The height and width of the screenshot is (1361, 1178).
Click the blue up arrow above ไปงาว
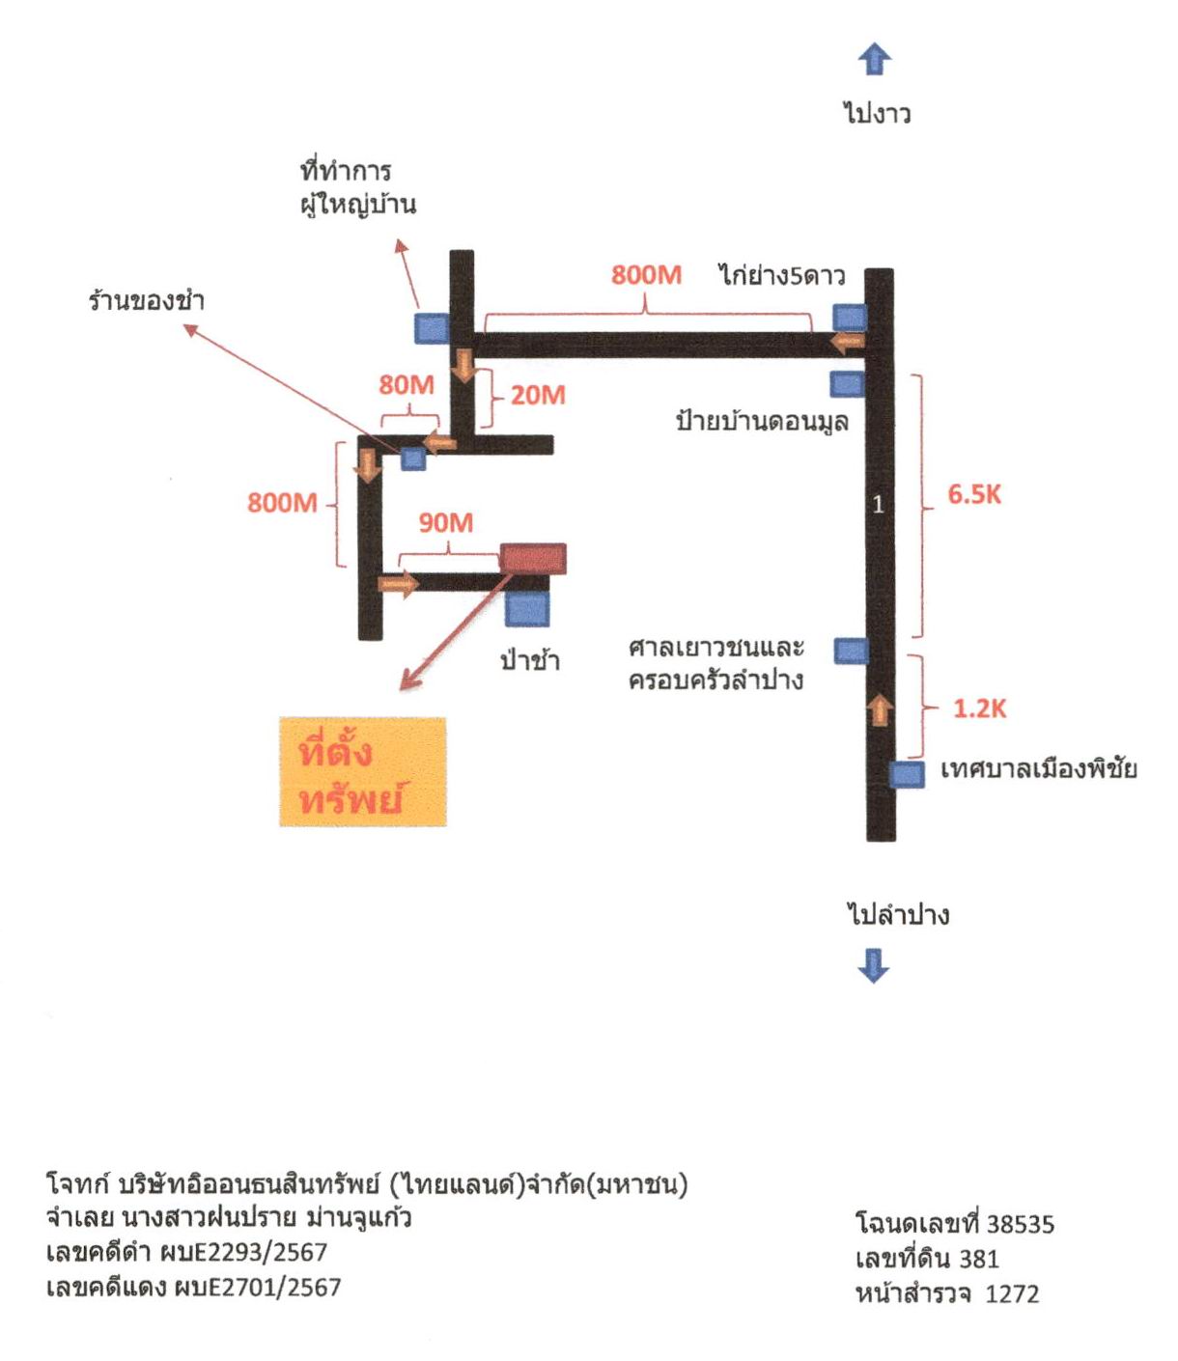874,59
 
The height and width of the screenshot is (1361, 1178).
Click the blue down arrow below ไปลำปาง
874,966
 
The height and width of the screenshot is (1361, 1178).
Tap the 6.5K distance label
974,494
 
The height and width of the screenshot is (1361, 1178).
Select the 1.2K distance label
980,708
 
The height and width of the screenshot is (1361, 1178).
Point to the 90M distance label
446,523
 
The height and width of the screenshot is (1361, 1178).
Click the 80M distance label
407,384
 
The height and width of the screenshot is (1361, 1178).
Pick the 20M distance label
538,395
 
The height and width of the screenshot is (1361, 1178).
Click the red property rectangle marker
533,558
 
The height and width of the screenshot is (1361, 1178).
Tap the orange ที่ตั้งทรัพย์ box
363,771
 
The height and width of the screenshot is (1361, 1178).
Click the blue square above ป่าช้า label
527,608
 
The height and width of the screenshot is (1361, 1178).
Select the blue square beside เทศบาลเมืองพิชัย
907,774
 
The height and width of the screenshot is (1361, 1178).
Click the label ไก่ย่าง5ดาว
781,275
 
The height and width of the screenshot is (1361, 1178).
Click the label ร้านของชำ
146,301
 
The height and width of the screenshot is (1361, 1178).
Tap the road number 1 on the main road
878,505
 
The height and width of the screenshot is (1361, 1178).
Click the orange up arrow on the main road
879,709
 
